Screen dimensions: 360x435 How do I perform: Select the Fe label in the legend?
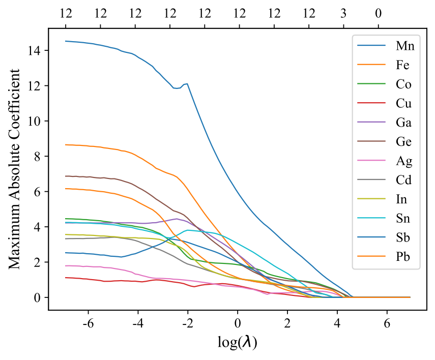tap(403, 66)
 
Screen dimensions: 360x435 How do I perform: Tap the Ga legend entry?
tap(404, 123)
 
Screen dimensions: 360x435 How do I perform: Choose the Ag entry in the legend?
tap(404, 162)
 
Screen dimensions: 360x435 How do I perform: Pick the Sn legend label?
tap(403, 219)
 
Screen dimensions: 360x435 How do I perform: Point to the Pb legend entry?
tap(403, 258)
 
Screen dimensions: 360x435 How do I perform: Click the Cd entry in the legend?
tap(404, 181)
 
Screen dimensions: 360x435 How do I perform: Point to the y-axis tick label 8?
tap(40, 156)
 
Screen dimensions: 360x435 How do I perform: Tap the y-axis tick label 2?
tap(40, 262)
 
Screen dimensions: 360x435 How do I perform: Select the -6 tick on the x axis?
tap(87, 323)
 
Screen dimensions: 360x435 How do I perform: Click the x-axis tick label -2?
tap(187, 323)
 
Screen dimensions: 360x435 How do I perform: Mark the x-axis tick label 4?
tap(337, 323)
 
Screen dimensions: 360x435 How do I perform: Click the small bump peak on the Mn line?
tap(187, 83)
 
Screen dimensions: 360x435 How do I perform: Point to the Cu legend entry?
tap(404, 104)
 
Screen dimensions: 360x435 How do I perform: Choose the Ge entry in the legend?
tap(404, 142)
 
